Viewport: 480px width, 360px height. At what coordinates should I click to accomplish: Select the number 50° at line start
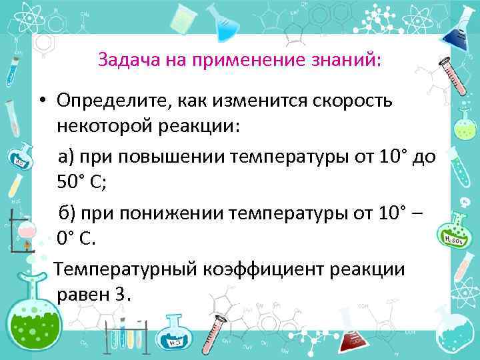(72, 183)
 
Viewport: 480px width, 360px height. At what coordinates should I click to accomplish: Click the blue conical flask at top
(226, 27)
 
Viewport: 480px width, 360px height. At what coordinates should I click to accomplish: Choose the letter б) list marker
(67, 213)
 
